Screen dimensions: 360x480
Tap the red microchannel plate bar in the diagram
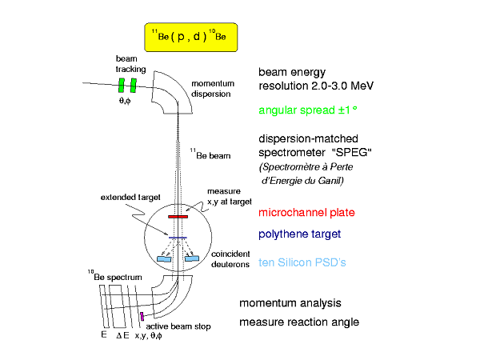[177, 216]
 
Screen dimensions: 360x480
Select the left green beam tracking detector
[122, 86]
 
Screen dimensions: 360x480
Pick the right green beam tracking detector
[134, 86]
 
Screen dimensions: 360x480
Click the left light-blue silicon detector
[164, 259]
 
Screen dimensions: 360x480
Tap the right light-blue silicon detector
[192, 259]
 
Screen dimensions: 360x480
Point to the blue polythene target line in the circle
[178, 238]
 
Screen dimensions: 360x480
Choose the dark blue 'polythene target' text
[301, 236]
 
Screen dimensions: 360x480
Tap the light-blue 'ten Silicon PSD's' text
[302, 262]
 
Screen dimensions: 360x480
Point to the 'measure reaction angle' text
[299, 322]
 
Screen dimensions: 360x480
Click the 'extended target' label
[127, 197]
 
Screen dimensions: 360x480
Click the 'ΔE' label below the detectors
[122, 336]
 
